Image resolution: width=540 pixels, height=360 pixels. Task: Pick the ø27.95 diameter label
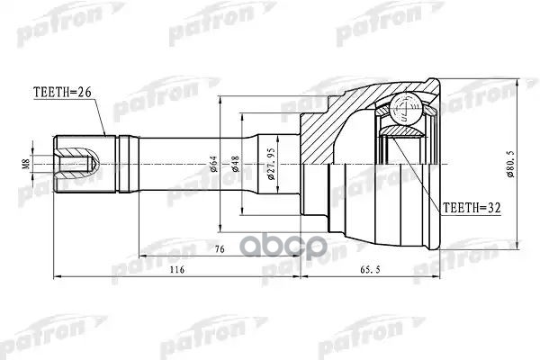(271, 165)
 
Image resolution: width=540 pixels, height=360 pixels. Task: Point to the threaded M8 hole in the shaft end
(76, 165)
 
